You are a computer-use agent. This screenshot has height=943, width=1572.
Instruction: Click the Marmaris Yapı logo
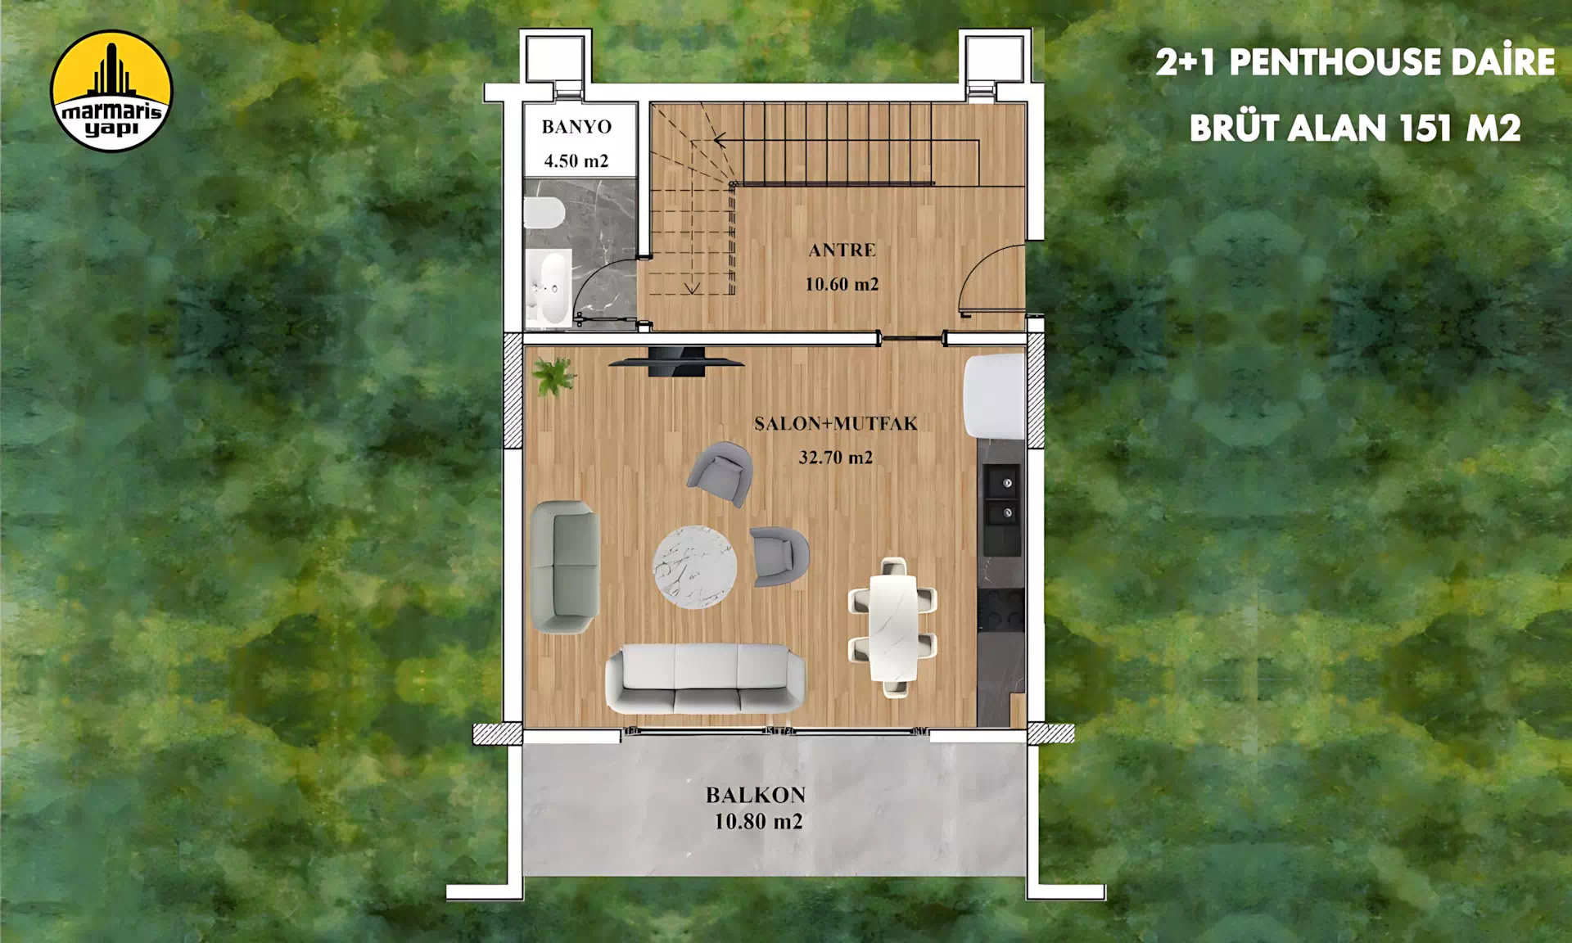(111, 91)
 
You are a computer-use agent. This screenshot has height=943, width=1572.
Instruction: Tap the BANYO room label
(576, 127)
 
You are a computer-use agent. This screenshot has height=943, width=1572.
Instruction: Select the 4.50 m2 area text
(576, 161)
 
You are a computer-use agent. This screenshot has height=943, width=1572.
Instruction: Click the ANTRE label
(842, 250)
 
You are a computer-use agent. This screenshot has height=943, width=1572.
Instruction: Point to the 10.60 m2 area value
(842, 285)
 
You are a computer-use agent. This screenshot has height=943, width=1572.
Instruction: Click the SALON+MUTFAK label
(835, 424)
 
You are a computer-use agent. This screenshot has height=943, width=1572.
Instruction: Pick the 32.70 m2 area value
(835, 458)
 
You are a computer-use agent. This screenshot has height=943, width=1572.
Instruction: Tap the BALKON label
(756, 795)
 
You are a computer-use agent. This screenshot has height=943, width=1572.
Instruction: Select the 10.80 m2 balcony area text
(758, 822)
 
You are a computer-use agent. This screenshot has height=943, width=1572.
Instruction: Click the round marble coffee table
(694, 567)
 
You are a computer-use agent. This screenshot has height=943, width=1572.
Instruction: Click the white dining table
(892, 627)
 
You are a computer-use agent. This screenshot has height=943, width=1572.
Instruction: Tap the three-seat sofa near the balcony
(705, 678)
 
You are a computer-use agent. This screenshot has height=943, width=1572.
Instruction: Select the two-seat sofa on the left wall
(565, 566)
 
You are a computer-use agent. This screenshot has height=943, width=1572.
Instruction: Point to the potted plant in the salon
(553, 376)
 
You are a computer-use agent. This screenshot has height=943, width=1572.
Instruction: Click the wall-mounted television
(676, 361)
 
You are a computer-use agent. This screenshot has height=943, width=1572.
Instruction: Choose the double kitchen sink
(1002, 498)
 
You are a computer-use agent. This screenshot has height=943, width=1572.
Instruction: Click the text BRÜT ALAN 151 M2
(1355, 129)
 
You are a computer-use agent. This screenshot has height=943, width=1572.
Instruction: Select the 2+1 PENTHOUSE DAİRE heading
(1355, 62)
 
